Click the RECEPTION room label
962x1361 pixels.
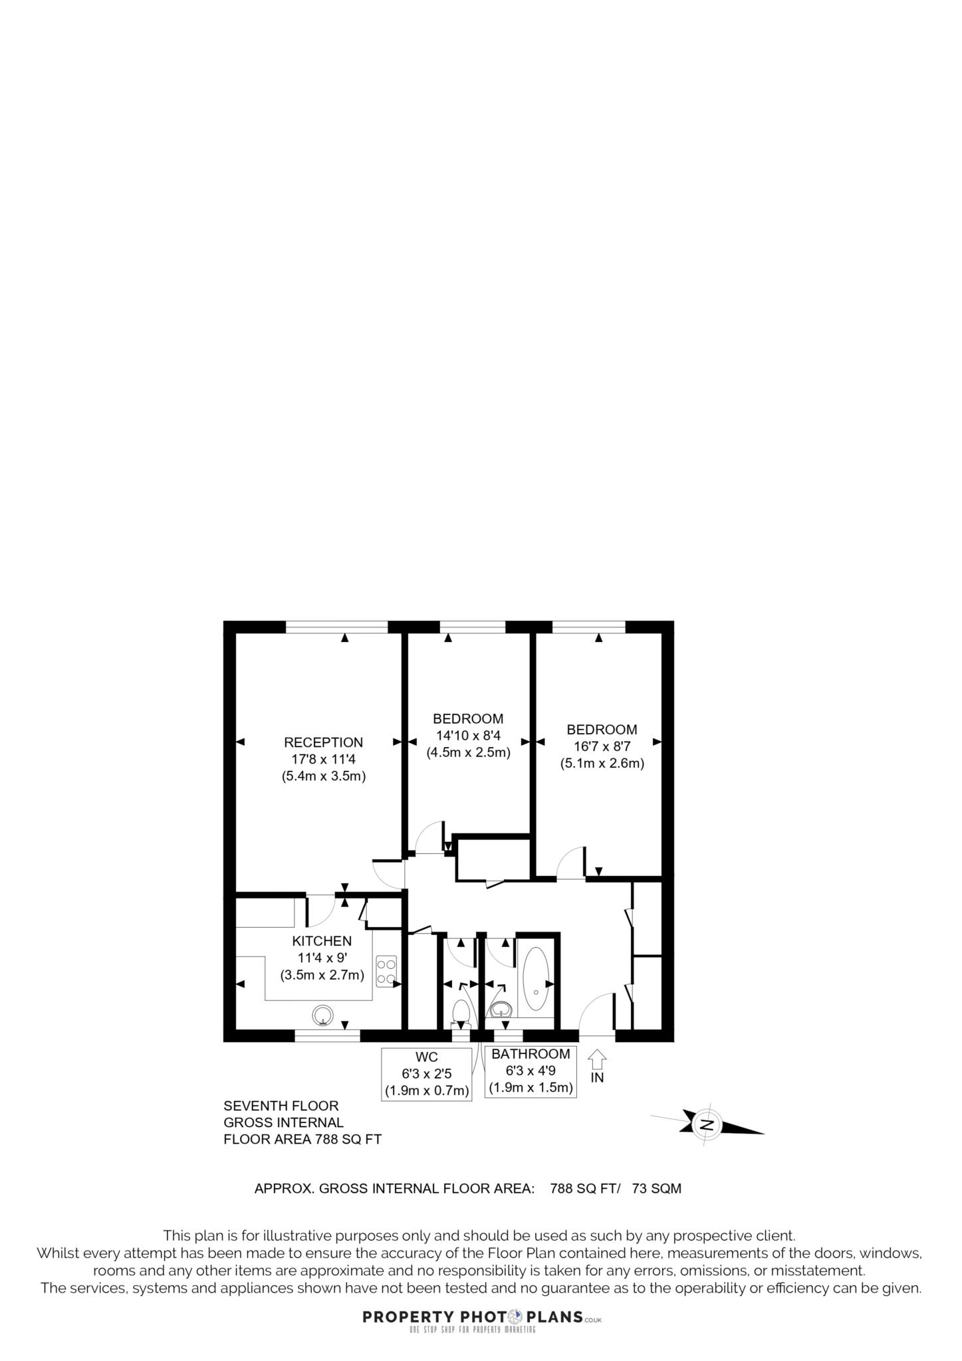(323, 742)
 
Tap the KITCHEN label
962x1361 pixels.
(322, 941)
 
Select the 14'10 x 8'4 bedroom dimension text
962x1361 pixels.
(468, 736)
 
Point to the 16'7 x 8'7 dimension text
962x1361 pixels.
(602, 746)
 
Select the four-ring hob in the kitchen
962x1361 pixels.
(386, 970)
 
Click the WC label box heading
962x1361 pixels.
(426, 1057)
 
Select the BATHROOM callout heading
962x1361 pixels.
(531, 1054)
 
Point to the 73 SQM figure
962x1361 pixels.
(656, 1188)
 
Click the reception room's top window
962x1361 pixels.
(336, 627)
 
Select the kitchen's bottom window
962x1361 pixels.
(327, 1035)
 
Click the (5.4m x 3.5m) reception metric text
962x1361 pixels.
(324, 776)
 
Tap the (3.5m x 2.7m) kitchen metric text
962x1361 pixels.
(322, 975)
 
